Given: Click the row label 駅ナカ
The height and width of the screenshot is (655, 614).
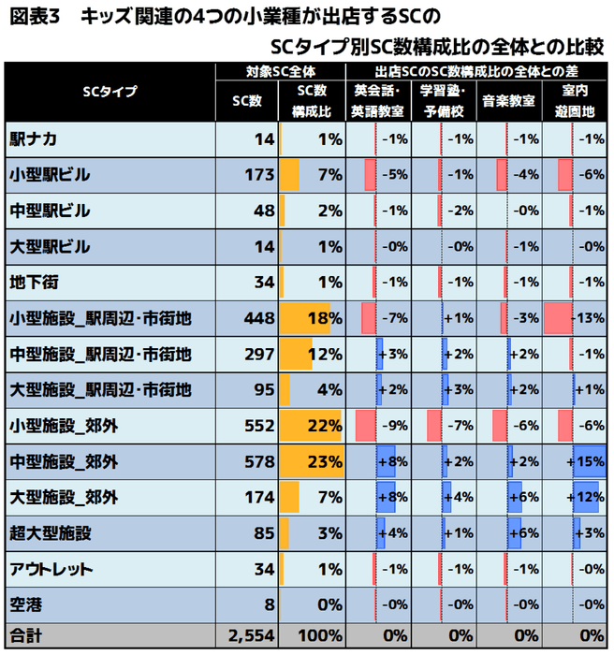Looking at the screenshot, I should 34,139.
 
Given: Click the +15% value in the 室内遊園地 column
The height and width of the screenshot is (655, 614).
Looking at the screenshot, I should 589,461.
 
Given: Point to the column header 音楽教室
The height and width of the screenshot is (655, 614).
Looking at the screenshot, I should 508,100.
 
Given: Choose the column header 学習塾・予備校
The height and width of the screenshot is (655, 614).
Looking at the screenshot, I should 444,100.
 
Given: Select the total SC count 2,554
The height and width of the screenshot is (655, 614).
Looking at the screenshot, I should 248,636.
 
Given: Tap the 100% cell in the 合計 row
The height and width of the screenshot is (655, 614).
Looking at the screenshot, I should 321,636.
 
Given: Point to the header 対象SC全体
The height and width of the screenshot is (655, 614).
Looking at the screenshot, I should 281,71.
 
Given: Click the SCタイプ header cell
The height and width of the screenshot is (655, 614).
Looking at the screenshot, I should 110,92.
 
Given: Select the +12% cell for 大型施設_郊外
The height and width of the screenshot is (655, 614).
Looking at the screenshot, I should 589,497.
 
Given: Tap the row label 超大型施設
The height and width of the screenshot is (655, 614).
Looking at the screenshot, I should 51,533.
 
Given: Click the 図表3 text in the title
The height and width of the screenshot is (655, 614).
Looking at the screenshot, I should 37,18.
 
